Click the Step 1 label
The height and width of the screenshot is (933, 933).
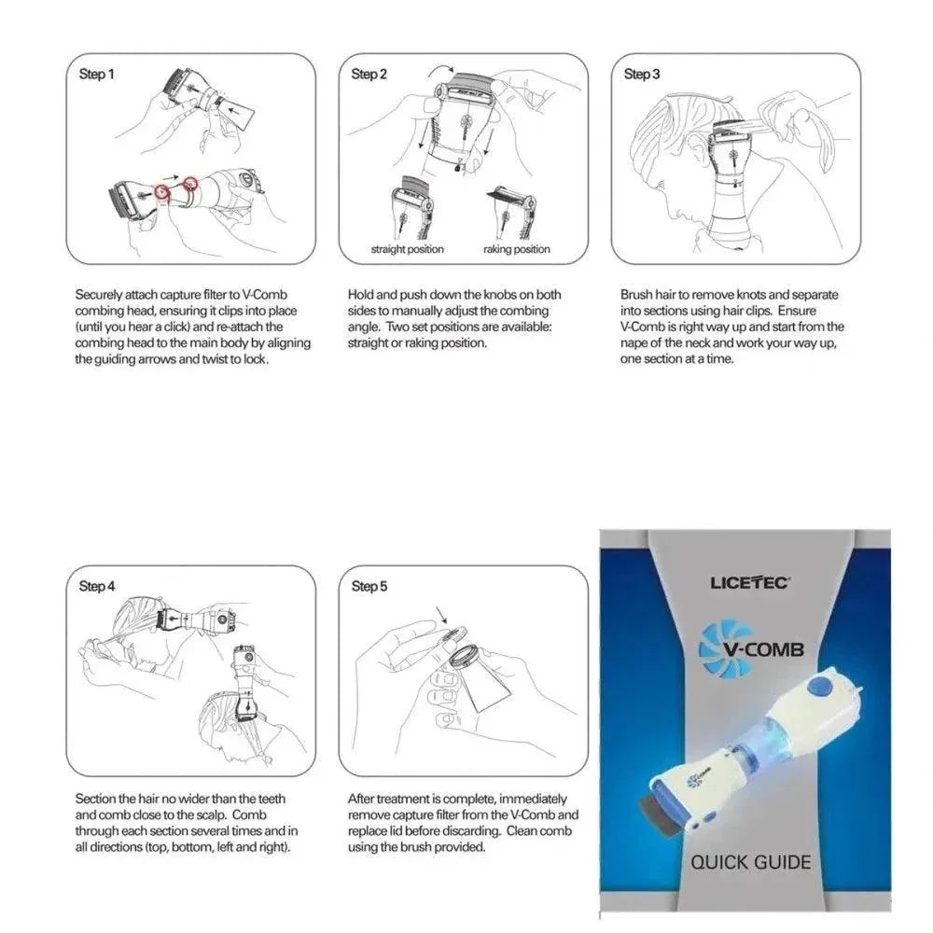97,74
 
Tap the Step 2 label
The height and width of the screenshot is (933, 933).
369,74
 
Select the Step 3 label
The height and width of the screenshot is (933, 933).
642,74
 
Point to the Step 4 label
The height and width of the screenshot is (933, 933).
97,586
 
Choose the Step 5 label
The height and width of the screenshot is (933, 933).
369,586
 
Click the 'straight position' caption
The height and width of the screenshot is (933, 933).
407,249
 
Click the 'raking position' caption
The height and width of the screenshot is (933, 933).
516,249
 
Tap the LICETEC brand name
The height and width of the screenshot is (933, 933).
750,583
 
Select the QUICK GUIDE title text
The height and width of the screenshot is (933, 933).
750,861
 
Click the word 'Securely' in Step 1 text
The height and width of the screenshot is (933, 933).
99,295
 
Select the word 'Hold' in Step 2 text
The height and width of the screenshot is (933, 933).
360,295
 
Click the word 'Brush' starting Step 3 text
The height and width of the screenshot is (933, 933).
636,295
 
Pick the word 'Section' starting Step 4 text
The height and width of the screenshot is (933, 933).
96,799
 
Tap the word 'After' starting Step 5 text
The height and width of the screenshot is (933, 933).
363,799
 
